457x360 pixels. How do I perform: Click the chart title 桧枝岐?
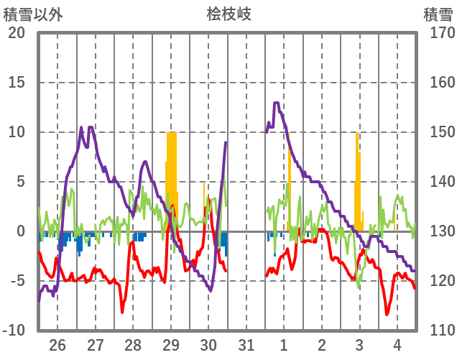coord(228,14)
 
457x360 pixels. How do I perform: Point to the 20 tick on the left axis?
coord(17,33)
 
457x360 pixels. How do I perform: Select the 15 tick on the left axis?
coord(17,83)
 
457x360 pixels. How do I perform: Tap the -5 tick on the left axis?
coord(17,281)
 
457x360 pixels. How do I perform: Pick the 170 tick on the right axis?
coord(437,33)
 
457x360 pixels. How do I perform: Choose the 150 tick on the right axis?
coord(437,132)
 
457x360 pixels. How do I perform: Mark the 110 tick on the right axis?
coord(437,331)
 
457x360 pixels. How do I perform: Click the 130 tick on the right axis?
coord(437,231)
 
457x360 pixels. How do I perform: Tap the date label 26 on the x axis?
coord(57,346)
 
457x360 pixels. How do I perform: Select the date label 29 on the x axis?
coord(171,346)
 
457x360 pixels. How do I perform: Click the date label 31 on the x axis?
coord(246,346)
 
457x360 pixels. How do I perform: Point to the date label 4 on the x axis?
coord(397,346)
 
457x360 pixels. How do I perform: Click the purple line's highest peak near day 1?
coord(277,103)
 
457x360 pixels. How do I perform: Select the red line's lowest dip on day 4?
coord(387,314)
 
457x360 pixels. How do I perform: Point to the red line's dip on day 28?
coord(122,312)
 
